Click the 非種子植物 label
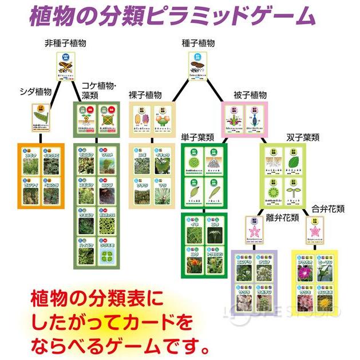pyautogui.click(x=66, y=43)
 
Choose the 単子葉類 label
pyautogui.click(x=197, y=137)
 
